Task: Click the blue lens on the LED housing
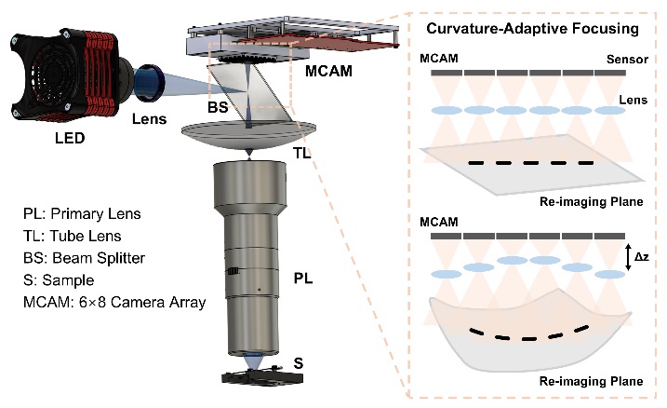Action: point(148,82)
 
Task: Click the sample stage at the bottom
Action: point(250,377)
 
